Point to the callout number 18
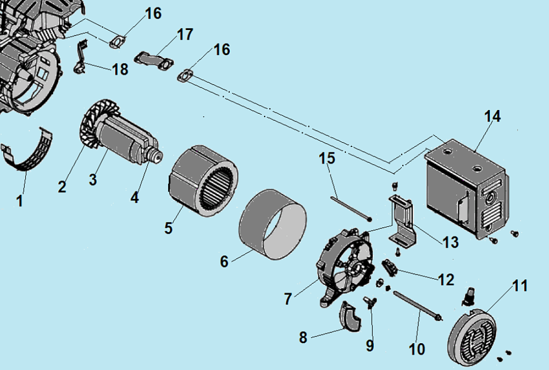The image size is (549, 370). tap(121, 69)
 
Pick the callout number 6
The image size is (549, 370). tap(224, 262)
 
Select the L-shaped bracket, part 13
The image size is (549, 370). tap(402, 220)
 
